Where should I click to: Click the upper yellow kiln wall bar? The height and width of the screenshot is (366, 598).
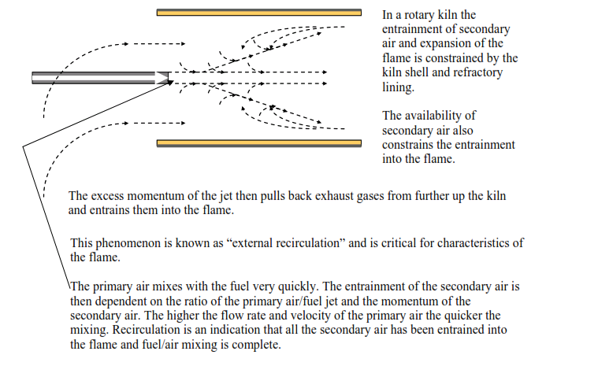(x=259, y=13)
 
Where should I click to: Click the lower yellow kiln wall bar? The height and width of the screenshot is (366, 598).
(x=259, y=143)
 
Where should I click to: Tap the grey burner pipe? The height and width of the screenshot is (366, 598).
(x=100, y=78)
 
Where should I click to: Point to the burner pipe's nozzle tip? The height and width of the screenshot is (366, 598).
(x=168, y=78)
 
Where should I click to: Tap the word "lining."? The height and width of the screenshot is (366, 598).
(x=398, y=87)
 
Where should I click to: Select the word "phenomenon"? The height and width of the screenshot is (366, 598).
(x=128, y=243)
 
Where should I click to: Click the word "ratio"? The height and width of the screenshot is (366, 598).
(x=195, y=301)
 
